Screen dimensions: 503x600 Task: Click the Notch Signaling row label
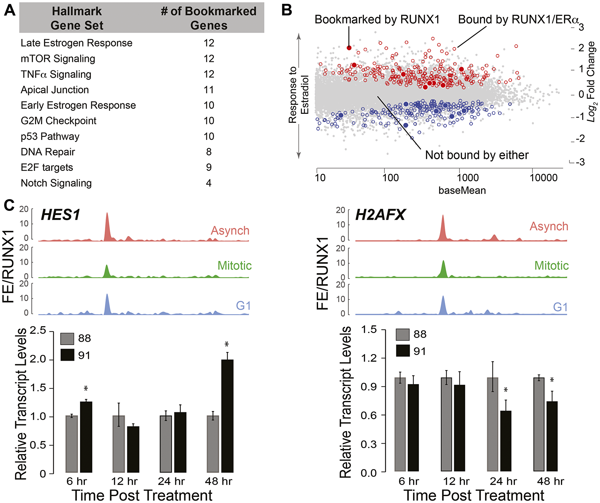(x=56, y=183)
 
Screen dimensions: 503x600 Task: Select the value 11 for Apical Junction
(x=209, y=90)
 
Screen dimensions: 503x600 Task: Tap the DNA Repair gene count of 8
(x=209, y=152)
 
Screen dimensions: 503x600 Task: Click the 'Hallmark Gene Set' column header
(x=77, y=18)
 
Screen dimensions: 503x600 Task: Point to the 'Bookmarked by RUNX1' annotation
(x=377, y=20)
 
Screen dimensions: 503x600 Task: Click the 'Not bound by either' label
(x=477, y=155)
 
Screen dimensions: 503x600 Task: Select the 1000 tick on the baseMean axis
(x=467, y=178)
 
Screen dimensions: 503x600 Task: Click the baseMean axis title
(x=462, y=190)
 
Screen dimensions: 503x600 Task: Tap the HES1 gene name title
(x=61, y=215)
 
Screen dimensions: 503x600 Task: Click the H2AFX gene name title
(x=380, y=215)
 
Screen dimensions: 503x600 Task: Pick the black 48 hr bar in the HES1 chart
(x=227, y=416)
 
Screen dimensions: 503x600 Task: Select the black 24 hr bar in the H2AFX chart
(x=505, y=441)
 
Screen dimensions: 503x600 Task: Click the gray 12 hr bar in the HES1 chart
(x=118, y=444)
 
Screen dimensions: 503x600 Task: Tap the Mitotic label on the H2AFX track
(x=551, y=266)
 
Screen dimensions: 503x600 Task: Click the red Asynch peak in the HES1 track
(x=107, y=225)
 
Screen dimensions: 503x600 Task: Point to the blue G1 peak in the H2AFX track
(x=443, y=305)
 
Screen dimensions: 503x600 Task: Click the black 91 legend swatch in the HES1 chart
(x=67, y=355)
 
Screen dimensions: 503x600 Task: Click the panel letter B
(x=287, y=11)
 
